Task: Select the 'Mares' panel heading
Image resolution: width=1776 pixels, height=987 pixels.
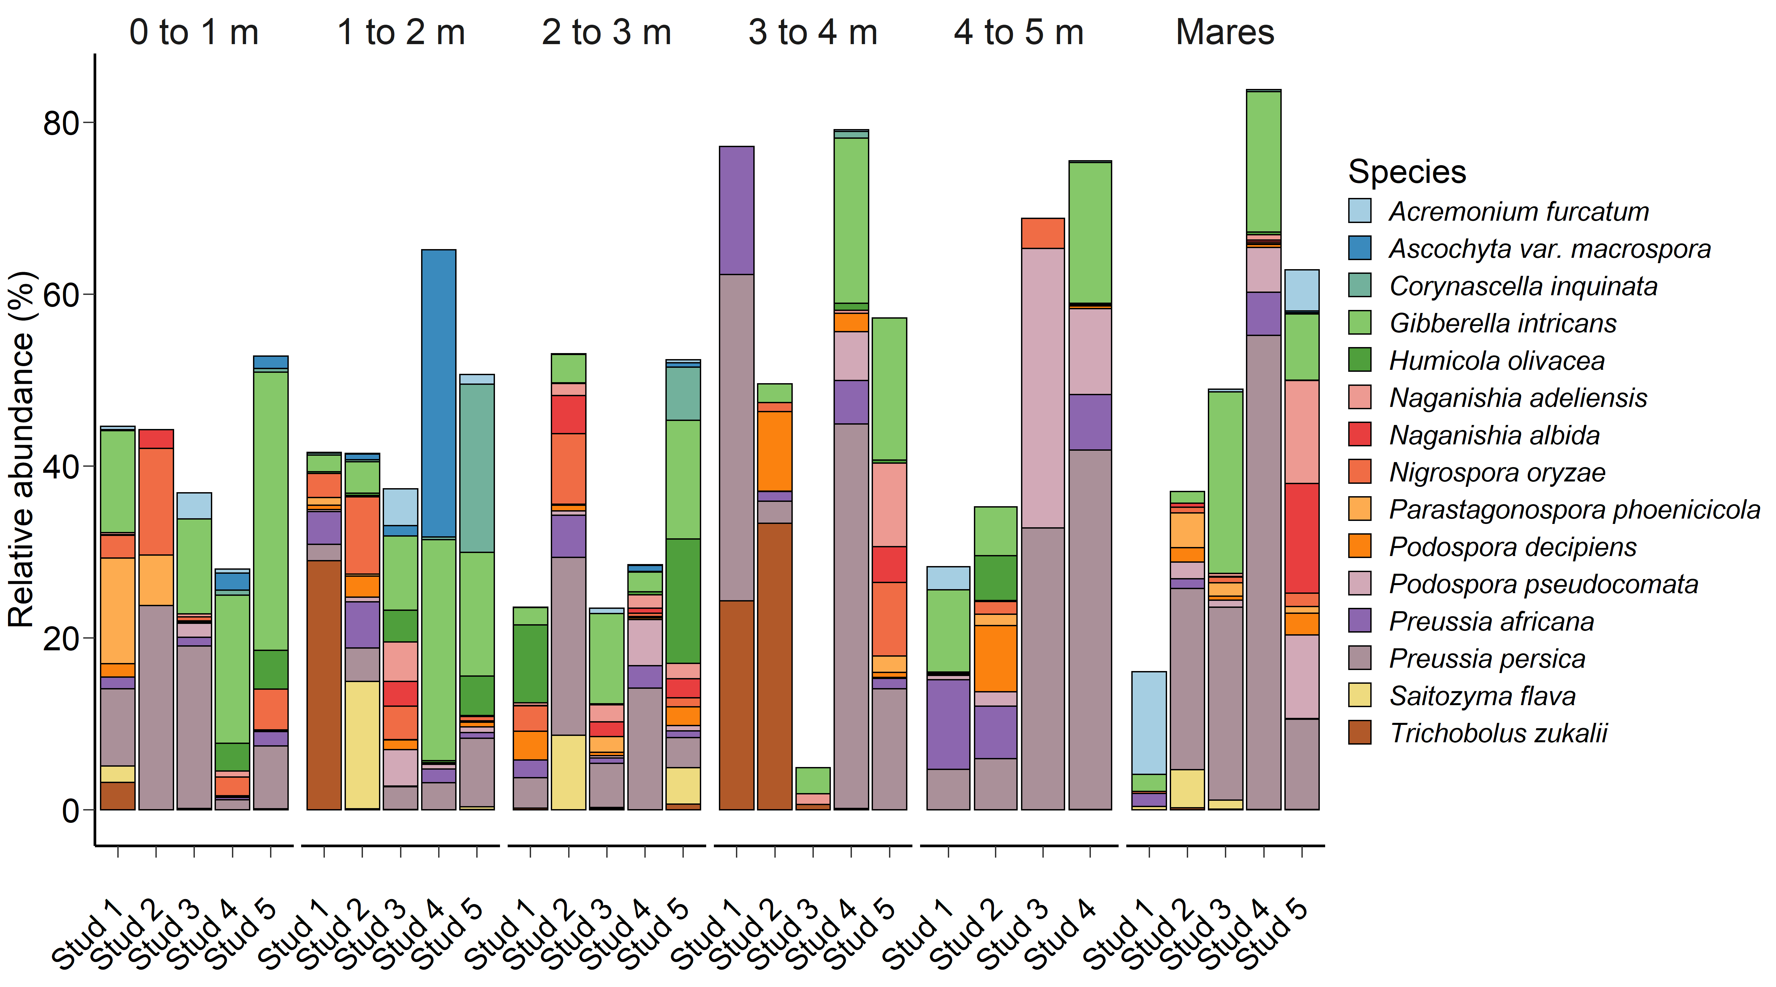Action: (1225, 32)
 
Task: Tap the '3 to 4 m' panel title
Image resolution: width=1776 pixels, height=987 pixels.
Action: (813, 32)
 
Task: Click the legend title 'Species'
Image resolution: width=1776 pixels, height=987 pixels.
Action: (1406, 172)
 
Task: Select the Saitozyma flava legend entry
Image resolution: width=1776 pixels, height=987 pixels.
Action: (1482, 696)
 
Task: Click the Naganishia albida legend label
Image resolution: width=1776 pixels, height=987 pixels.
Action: (1494, 435)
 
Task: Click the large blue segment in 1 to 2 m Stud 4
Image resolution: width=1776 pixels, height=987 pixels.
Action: (438, 393)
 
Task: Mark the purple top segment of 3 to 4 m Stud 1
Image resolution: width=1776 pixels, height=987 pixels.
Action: (736, 210)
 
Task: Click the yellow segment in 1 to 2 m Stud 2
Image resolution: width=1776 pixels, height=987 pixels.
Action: (362, 745)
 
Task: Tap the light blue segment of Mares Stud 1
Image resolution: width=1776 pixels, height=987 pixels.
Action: (1149, 723)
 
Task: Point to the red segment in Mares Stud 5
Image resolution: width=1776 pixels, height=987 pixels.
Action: (1302, 538)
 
